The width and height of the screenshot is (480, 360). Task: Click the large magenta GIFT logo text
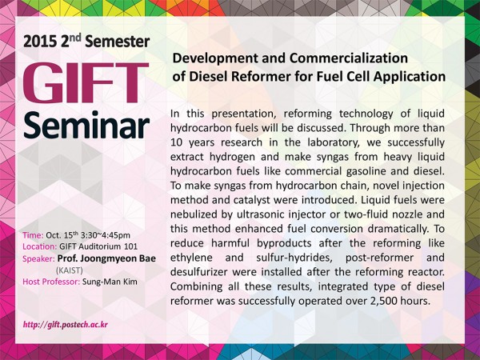86,83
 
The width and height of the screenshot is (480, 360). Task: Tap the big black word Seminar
86,126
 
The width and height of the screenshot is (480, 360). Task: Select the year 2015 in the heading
39,42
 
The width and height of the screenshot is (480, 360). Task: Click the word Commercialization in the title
349,58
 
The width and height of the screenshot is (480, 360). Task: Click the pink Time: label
33,235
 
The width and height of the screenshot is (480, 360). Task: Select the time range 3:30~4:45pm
106,235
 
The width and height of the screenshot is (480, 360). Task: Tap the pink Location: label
39,246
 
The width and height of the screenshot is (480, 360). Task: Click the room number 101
130,246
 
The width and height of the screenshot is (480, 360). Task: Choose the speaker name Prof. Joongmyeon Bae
106,258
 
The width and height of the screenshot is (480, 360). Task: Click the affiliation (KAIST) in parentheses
70,270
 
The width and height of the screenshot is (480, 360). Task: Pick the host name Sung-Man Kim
110,282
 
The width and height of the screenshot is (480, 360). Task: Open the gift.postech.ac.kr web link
66,325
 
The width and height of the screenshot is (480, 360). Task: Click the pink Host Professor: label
51,282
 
